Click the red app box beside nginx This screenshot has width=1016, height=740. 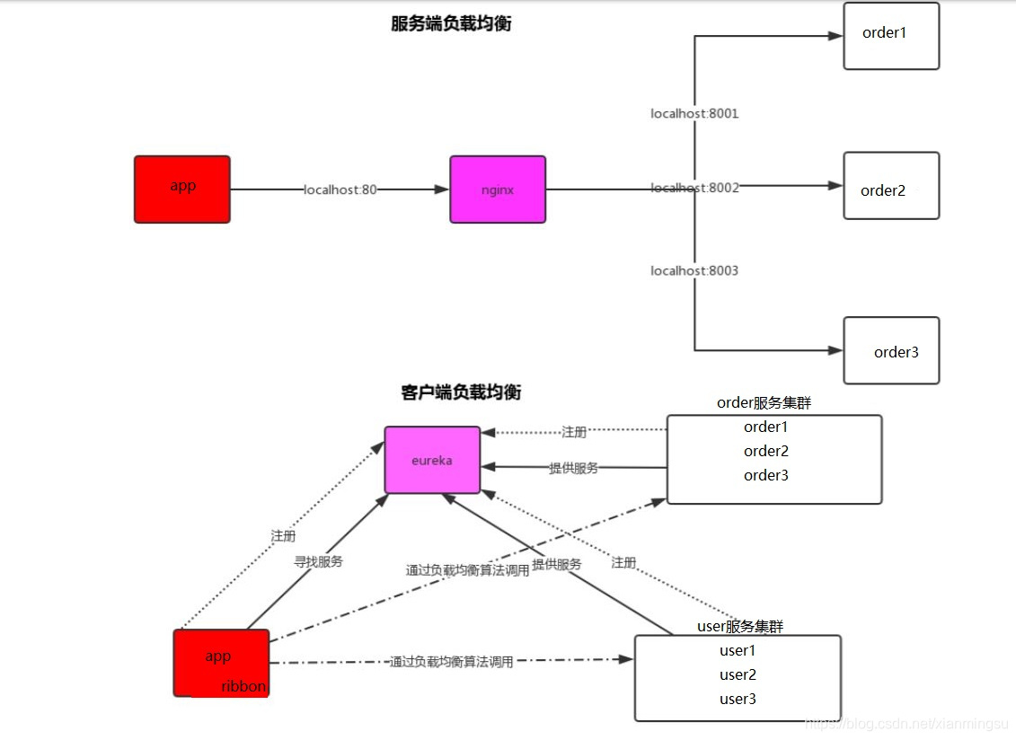tap(182, 189)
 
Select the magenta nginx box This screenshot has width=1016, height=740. tap(498, 189)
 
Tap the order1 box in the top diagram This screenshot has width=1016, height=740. tap(890, 36)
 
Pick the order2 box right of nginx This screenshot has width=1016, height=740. tap(890, 186)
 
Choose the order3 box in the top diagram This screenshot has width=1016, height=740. tap(890, 350)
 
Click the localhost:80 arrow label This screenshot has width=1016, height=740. tap(340, 189)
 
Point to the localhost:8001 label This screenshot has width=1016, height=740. tap(694, 114)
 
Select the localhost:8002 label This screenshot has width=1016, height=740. tap(694, 188)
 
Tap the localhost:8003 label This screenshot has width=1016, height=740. tap(694, 270)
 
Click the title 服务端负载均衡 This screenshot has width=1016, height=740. tap(451, 24)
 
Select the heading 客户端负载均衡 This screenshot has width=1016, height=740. tap(461, 392)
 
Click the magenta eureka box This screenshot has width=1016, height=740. tap(432, 460)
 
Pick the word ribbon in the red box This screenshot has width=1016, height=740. tap(243, 686)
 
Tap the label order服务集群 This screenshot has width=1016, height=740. tap(764, 403)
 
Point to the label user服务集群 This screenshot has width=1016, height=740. tap(740, 626)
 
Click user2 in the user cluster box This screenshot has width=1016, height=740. tap(738, 674)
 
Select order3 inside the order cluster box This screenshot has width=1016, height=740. tap(765, 475)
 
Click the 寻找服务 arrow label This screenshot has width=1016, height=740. tap(319, 561)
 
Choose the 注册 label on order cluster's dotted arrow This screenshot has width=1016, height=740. tap(574, 432)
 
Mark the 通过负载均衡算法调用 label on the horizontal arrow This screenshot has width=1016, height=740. tap(452, 662)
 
